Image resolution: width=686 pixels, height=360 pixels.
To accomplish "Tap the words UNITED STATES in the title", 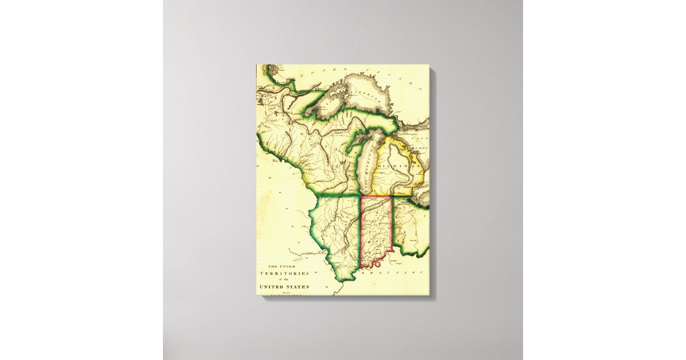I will [x=284, y=287].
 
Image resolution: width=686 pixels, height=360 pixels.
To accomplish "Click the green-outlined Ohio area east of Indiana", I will [x=409, y=226].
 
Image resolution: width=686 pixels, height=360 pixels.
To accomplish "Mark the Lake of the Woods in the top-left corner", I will [x=268, y=71].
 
